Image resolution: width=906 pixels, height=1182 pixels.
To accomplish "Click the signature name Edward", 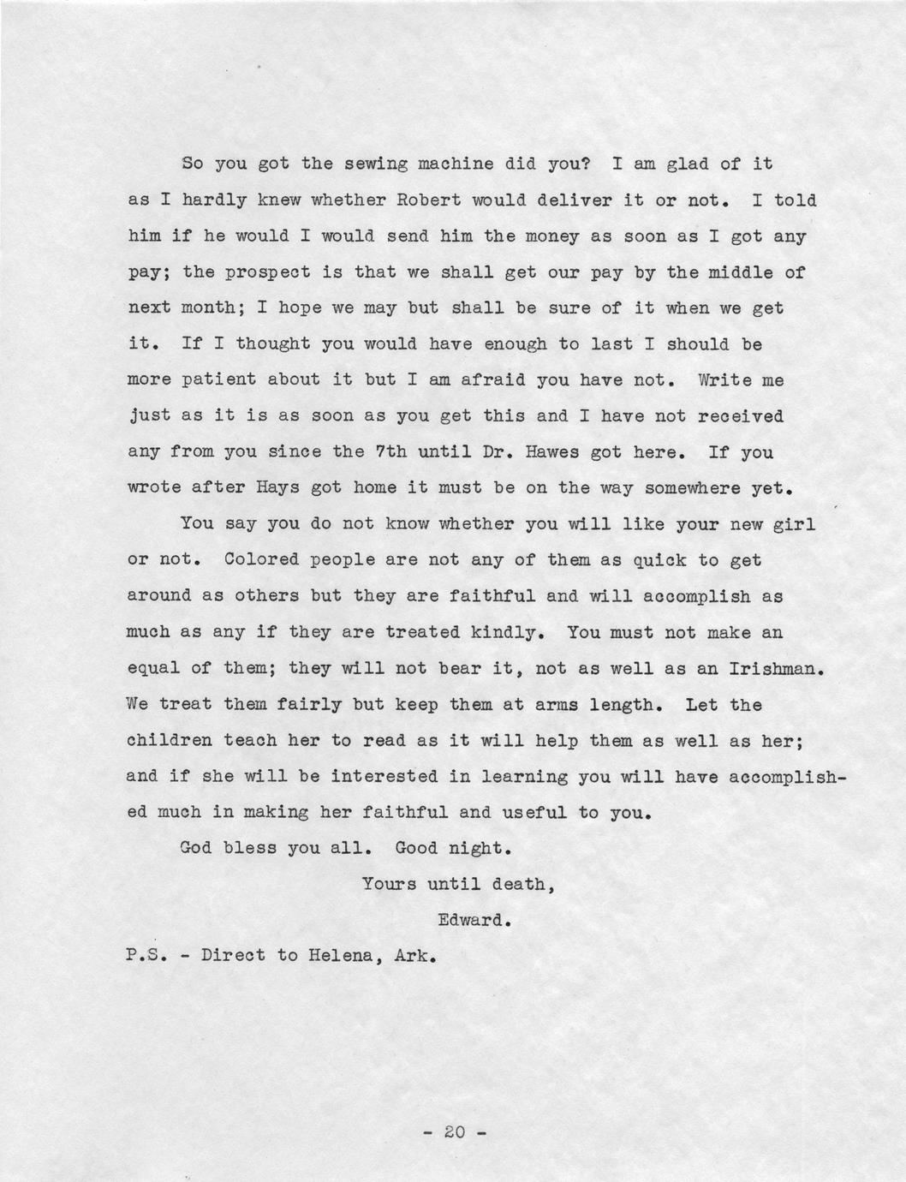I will (474, 921).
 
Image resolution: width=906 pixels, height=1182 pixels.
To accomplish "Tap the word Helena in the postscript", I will (339, 956).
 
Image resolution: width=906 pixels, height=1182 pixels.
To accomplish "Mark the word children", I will (170, 740).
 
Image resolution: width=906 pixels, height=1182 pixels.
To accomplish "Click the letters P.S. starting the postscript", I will (147, 956).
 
